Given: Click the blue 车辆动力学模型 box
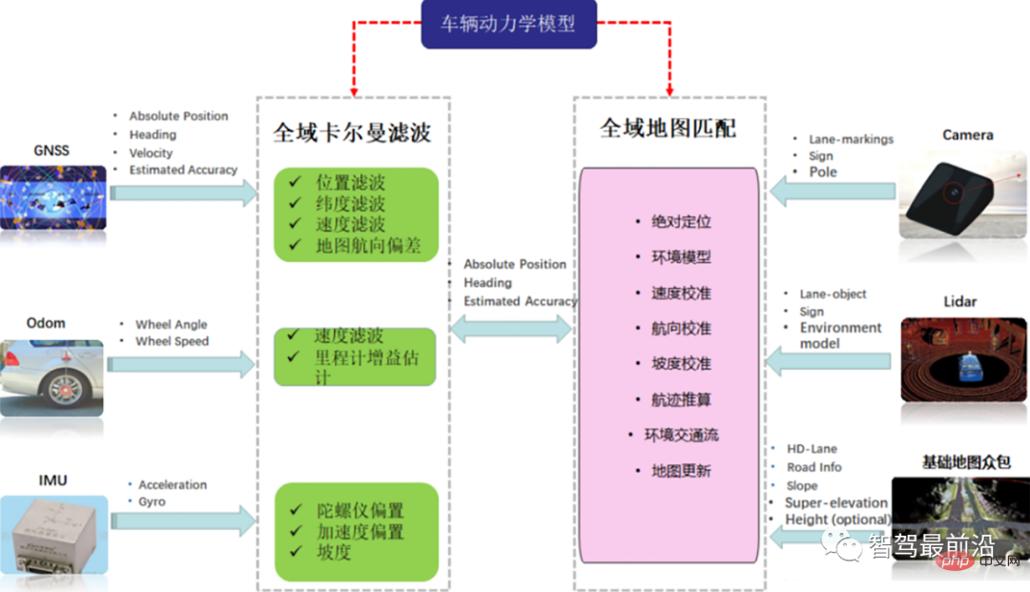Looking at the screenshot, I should (508, 24).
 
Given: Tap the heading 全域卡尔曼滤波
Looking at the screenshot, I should (352, 133).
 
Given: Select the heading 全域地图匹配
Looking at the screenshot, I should (668, 128).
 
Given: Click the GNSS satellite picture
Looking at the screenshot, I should (52, 197).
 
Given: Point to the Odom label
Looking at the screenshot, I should (46, 323).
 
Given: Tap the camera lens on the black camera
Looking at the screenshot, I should (953, 192).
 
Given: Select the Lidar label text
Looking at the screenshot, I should (960, 301).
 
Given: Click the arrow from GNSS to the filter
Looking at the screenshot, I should (182, 193).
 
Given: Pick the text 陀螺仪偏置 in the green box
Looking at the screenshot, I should (360, 510).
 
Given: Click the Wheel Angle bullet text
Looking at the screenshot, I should (171, 324).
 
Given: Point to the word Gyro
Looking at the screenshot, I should (152, 501).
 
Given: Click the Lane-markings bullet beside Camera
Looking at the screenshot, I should (851, 139).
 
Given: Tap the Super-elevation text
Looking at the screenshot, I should (835, 502).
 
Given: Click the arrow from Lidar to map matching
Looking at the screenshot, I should (830, 361).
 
